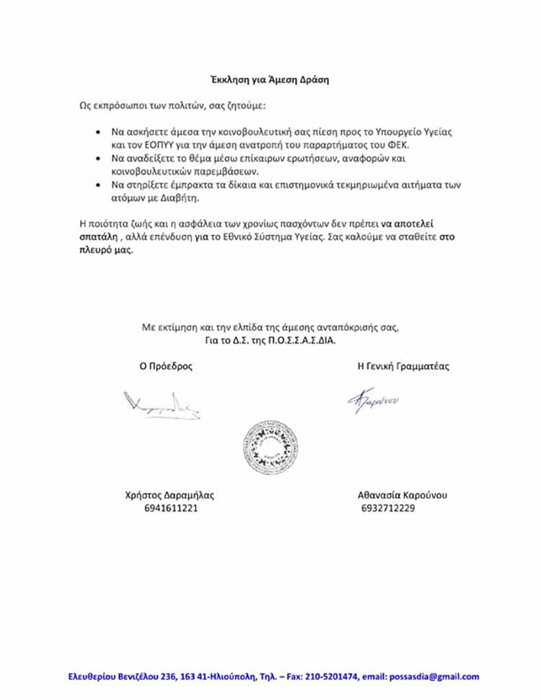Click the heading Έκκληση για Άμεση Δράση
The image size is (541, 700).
pos(268,80)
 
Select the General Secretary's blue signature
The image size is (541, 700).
pos(374,401)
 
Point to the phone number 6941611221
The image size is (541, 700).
pos(170,508)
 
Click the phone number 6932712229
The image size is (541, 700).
pos(388,508)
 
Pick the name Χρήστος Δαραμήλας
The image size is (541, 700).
pos(170,495)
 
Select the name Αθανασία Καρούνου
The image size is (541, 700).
pos(403,495)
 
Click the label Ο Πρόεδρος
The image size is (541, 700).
pos(166,366)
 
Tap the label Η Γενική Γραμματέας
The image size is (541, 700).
pos(403,366)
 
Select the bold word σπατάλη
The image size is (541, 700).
pos(99,236)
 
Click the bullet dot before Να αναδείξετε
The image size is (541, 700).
pos(98,158)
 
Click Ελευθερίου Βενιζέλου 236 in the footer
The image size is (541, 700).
pos(123,677)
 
